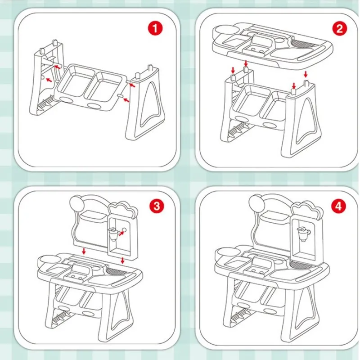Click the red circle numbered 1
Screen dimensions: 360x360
click(x=155, y=28)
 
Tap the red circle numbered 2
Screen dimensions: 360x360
click(x=339, y=28)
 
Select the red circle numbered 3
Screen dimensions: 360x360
click(x=157, y=206)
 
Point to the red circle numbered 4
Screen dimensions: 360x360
click(x=338, y=206)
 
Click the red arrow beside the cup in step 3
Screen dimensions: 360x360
click(x=121, y=233)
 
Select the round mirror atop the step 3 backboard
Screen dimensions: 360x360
click(x=77, y=203)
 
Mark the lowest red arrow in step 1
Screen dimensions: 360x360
click(x=126, y=100)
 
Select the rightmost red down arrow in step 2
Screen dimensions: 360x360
click(x=306, y=74)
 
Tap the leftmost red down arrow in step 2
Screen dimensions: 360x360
click(x=233, y=70)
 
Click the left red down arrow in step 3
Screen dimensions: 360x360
click(x=84, y=251)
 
